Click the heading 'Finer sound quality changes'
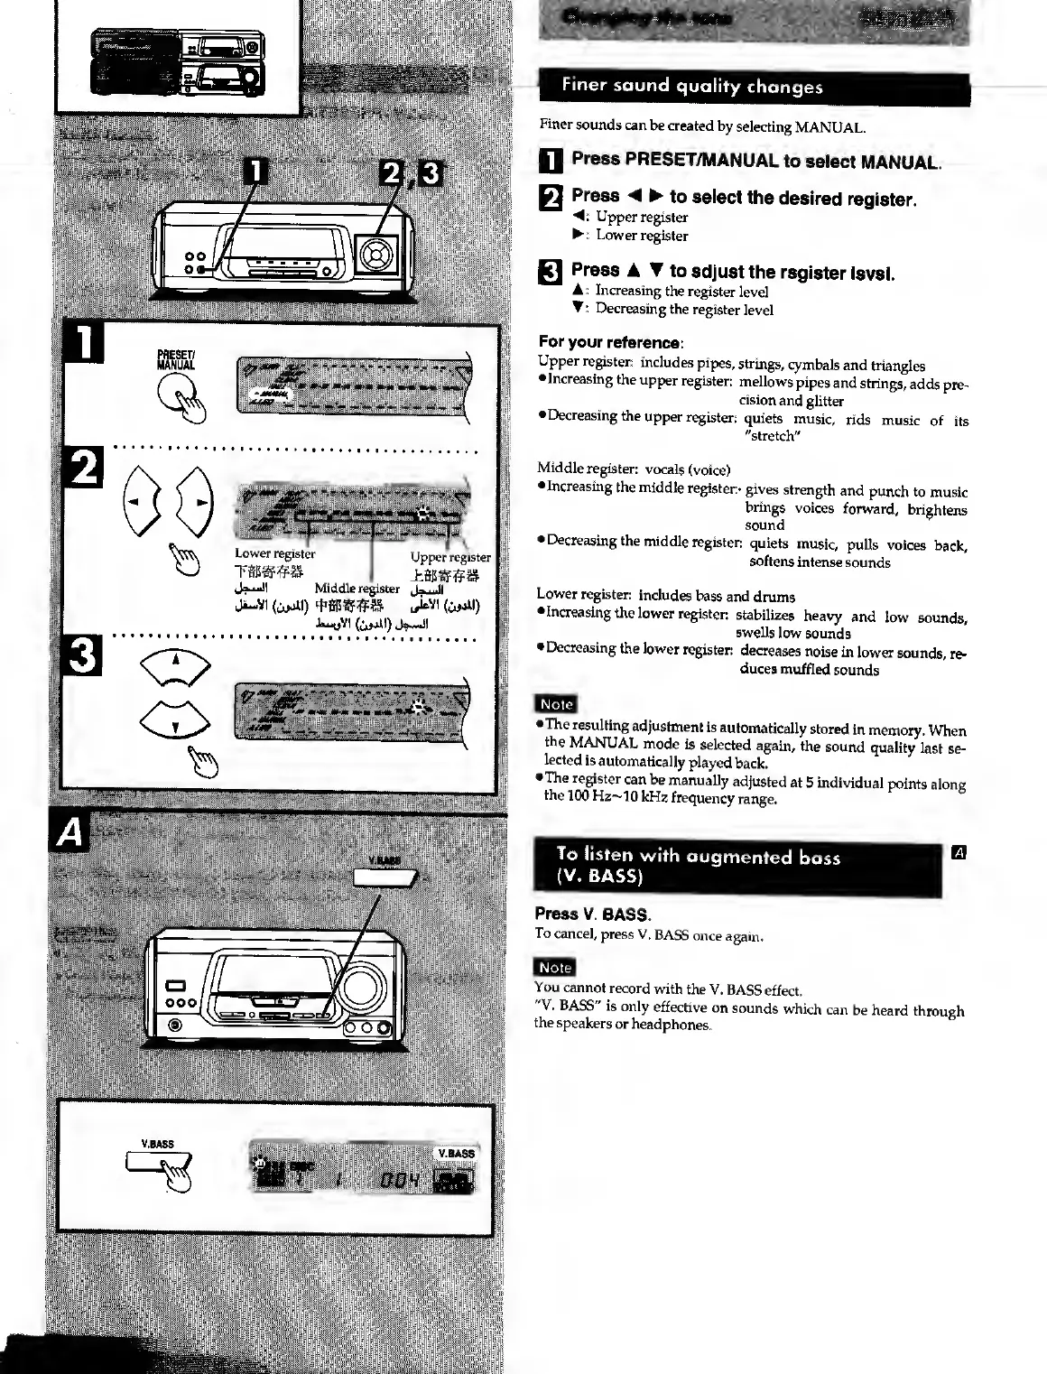pyautogui.click(x=691, y=88)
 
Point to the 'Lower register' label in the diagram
pyautogui.click(x=274, y=553)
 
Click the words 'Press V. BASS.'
pyautogui.click(x=592, y=914)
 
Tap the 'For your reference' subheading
pyautogui.click(x=610, y=342)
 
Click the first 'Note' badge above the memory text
pyautogui.click(x=556, y=704)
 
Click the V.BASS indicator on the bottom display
pyautogui.click(x=456, y=1153)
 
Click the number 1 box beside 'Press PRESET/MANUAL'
pyautogui.click(x=550, y=162)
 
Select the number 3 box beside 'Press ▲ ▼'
pyautogui.click(x=550, y=271)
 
